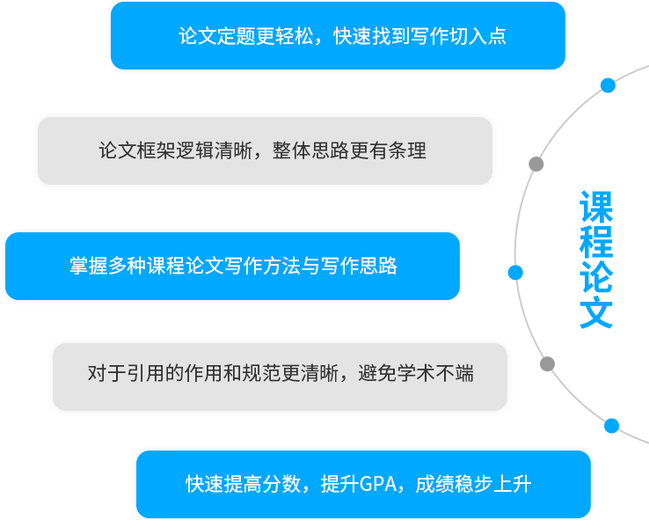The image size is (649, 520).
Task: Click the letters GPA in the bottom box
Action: coord(378,484)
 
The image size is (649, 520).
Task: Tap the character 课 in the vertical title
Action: coord(596,207)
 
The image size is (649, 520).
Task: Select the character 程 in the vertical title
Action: coord(596,242)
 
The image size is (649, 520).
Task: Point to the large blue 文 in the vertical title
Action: coord(596,313)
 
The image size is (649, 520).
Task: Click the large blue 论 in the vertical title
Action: coord(596,277)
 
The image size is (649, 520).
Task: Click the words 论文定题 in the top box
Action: coord(217,36)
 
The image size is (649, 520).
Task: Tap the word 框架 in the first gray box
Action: coord(156,150)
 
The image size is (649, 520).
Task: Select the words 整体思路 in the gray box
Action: coord(310,150)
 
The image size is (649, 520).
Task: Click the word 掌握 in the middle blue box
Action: coord(89,266)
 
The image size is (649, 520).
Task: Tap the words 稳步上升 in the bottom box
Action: coord(493,484)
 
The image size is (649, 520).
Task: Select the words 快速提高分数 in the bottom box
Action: coord(243,484)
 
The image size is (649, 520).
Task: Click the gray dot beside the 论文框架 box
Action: coord(536,164)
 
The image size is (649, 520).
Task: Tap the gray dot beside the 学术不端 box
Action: coord(547,364)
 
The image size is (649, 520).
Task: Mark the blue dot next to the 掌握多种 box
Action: coord(515,273)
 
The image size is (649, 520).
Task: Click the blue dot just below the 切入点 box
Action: coord(608,85)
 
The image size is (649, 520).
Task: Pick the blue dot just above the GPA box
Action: coord(611,426)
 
